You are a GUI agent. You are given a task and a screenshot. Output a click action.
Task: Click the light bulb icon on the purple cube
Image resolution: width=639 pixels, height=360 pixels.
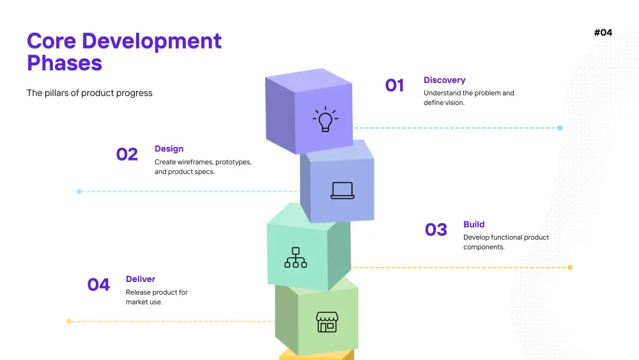click(x=325, y=119)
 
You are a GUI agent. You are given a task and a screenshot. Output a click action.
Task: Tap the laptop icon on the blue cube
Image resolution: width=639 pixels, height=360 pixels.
click(x=343, y=191)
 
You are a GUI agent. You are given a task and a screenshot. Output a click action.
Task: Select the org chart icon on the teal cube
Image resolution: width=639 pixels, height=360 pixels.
click(x=296, y=257)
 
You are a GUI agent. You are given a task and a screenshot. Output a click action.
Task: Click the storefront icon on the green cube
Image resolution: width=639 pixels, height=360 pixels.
click(x=327, y=322)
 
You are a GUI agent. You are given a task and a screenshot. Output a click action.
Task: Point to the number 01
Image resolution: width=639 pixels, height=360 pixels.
click(x=394, y=85)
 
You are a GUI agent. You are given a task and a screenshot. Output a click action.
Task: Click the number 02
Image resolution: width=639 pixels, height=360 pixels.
click(x=127, y=154)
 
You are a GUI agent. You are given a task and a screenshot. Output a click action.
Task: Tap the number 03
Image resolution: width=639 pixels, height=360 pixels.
click(x=436, y=230)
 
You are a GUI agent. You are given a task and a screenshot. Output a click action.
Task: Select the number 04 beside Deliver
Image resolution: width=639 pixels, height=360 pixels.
click(x=98, y=285)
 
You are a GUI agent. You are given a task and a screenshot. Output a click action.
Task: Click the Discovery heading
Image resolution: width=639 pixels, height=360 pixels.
click(x=444, y=80)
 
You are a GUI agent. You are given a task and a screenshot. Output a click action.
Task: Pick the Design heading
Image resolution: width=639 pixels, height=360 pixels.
click(x=169, y=149)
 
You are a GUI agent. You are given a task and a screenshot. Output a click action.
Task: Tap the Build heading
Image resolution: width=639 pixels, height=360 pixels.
click(x=473, y=224)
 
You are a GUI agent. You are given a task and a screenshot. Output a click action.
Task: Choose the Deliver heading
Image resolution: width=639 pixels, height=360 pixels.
click(x=140, y=279)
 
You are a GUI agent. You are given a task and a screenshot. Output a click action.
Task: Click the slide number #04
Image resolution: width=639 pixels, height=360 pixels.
click(x=603, y=33)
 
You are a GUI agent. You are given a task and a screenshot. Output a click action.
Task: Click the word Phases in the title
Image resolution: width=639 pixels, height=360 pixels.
click(x=65, y=63)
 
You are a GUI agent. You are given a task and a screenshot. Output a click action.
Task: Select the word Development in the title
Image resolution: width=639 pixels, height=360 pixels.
click(x=151, y=41)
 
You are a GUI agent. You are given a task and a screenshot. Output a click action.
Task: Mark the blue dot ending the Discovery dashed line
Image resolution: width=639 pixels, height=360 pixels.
click(x=560, y=128)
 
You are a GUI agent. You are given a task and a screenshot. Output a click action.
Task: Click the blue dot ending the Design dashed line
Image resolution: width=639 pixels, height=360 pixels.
click(x=79, y=191)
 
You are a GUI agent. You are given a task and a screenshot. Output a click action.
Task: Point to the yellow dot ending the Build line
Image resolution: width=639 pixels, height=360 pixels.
click(x=570, y=267)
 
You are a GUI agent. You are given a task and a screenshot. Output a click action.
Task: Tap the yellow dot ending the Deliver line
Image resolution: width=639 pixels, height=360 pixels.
click(x=69, y=321)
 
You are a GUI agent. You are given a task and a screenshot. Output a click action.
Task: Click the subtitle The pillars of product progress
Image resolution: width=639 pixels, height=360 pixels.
click(x=89, y=93)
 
